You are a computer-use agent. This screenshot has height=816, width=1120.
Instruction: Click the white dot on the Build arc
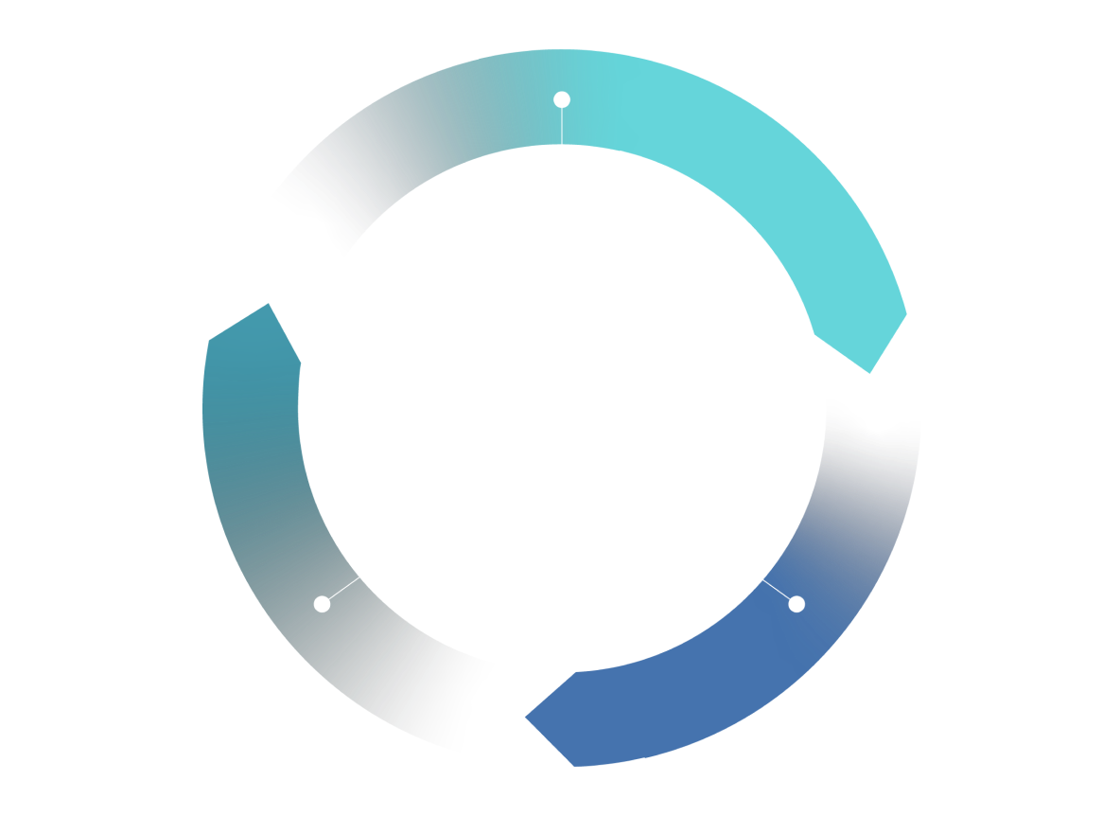[x=562, y=99]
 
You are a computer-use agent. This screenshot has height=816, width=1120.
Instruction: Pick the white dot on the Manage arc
[x=322, y=604]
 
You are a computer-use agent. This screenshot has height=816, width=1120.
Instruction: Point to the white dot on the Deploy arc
[x=796, y=604]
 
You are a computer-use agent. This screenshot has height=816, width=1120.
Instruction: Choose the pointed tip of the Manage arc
[x=270, y=305]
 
